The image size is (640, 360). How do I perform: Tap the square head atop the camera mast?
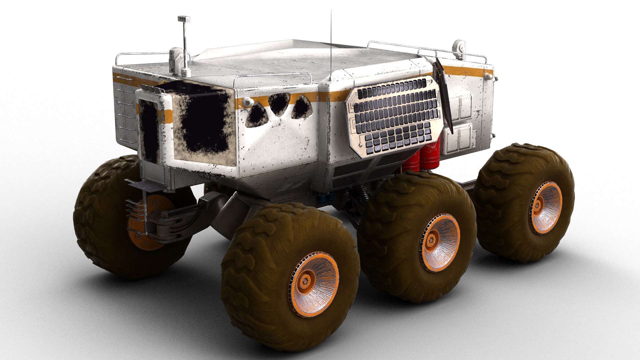click(183, 19)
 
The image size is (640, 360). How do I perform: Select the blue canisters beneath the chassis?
click(326, 197)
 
